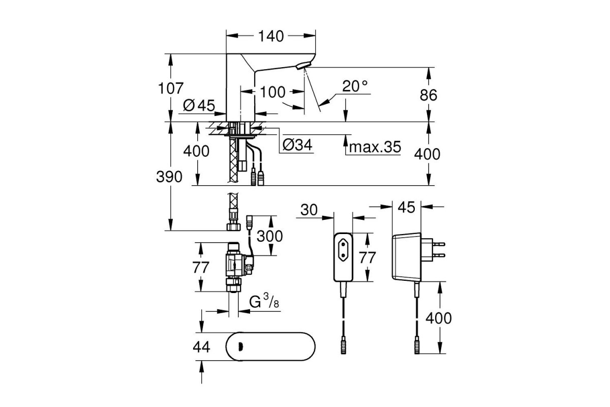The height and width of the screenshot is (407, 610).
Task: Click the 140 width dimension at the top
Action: click(270, 36)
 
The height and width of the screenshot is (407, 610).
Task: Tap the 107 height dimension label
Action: click(171, 89)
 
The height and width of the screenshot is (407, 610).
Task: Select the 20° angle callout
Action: click(355, 86)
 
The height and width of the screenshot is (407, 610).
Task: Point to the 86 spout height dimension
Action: click(429, 95)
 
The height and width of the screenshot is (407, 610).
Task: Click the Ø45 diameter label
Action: click(199, 105)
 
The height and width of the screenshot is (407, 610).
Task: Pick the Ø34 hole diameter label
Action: click(297, 145)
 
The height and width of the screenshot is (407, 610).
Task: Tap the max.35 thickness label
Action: click(375, 147)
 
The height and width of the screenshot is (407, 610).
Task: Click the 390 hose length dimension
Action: click(169, 177)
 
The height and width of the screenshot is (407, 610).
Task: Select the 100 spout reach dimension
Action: click(273, 92)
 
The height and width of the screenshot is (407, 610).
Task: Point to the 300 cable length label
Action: click(269, 236)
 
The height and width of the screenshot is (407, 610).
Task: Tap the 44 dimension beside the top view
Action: click(201, 347)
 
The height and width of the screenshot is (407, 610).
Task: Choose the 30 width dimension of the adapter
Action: click(309, 210)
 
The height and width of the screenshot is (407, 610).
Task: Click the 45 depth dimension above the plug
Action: click(406, 207)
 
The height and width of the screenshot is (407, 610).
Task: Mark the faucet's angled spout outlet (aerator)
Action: click(303, 66)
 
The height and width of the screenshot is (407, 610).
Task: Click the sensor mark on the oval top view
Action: click(240, 347)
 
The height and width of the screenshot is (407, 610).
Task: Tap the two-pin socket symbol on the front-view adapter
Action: click(343, 250)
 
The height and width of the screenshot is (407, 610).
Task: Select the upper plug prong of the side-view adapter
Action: click(439, 244)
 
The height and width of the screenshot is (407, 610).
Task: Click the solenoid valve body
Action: click(236, 264)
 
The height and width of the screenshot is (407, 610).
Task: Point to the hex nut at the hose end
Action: click(234, 227)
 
